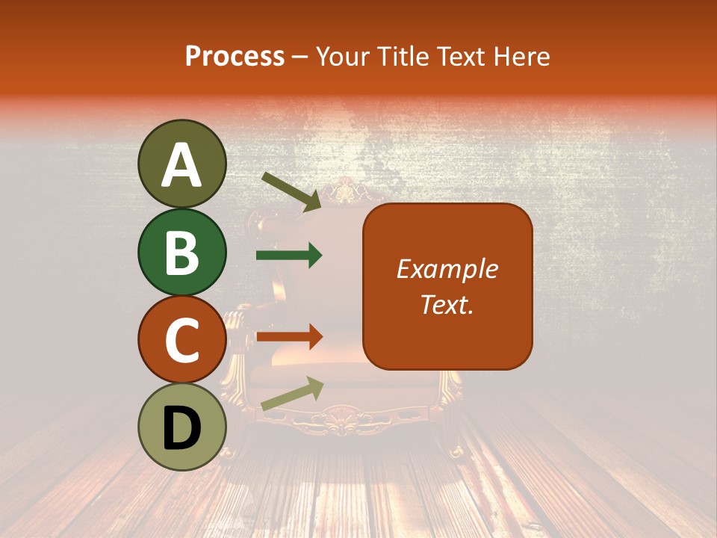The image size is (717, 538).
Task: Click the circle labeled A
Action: point(181,164)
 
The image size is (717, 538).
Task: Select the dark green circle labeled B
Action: point(181,252)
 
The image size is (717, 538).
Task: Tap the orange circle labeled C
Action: point(181,339)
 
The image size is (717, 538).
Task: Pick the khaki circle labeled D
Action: point(181,427)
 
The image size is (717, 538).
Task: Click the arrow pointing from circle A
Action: point(291,191)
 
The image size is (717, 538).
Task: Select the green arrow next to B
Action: point(289,256)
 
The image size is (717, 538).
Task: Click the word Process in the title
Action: point(235,56)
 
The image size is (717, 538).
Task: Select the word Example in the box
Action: point(447,269)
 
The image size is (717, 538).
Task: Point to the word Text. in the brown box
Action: point(447,304)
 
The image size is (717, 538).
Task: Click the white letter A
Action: point(181,165)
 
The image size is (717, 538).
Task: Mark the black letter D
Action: point(181,427)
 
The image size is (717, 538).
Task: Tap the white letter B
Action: point(181,253)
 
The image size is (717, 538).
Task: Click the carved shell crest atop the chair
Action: point(346,194)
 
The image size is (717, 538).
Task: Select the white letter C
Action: point(181,340)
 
